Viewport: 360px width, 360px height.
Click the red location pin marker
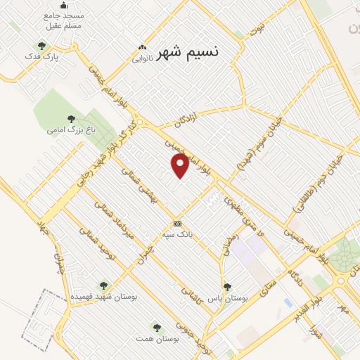coord(181,166)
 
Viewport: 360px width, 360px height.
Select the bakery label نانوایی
coord(148,59)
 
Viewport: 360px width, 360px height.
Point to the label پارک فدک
coord(39,56)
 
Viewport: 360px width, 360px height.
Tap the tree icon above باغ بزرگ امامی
coord(70,119)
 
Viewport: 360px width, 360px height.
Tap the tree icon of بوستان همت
coord(157,328)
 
